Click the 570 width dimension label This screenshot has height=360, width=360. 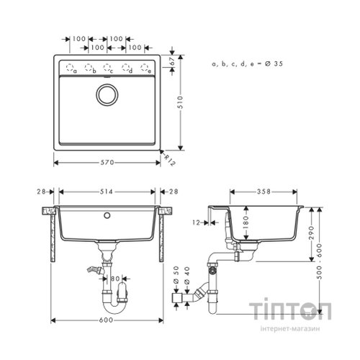pos(106,162)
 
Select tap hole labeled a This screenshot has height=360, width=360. pos(71,68)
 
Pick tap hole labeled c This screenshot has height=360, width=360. pos(107,68)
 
